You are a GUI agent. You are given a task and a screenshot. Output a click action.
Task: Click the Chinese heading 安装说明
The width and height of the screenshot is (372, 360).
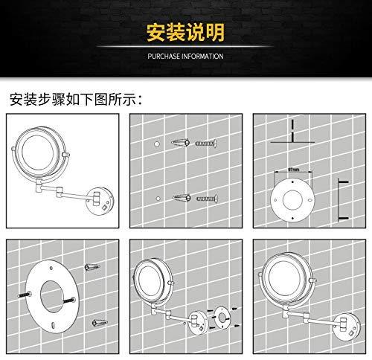click(x=186, y=35)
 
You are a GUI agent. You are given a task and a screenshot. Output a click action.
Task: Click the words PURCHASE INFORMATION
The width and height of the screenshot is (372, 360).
click(x=186, y=55)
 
